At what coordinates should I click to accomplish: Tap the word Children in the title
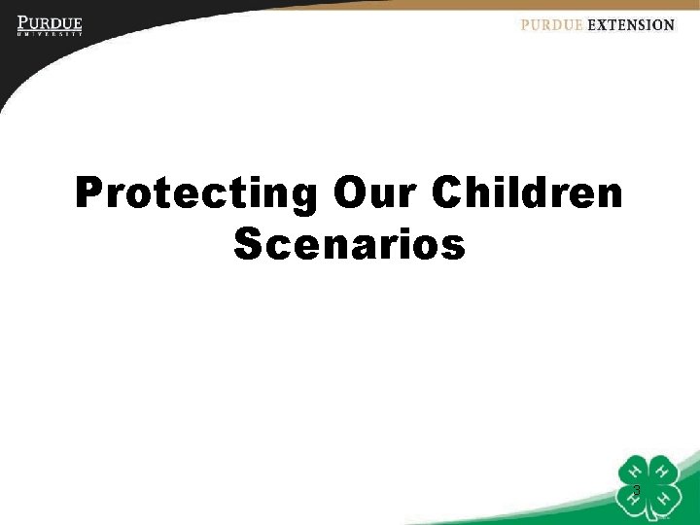click(x=527, y=193)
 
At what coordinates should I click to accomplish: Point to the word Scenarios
click(x=350, y=245)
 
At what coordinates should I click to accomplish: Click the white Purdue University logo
click(x=50, y=24)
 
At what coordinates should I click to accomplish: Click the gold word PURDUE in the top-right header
click(x=551, y=25)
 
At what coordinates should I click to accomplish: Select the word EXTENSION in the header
click(x=631, y=25)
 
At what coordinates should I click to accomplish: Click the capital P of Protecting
click(x=89, y=193)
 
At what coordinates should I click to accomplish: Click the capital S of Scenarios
click(x=247, y=245)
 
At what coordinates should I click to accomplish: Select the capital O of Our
click(x=347, y=193)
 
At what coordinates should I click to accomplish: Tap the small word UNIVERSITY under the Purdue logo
click(x=50, y=34)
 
